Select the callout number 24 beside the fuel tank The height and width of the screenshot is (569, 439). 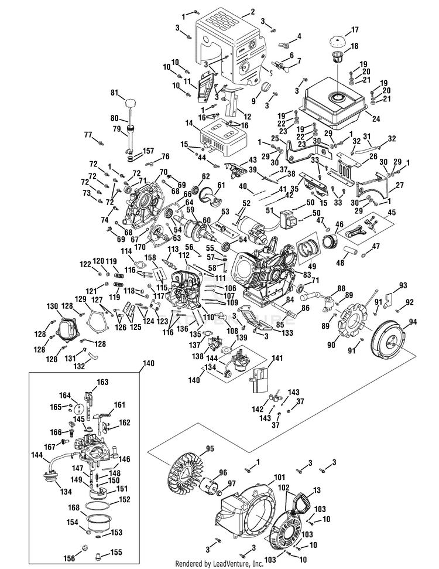click(x=376, y=118)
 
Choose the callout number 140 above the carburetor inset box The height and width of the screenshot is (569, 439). click(x=148, y=363)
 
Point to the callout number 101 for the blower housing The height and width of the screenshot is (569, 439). click(x=279, y=477)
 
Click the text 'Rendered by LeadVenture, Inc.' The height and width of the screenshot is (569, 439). click(x=219, y=564)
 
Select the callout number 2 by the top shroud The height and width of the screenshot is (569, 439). click(x=252, y=12)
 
